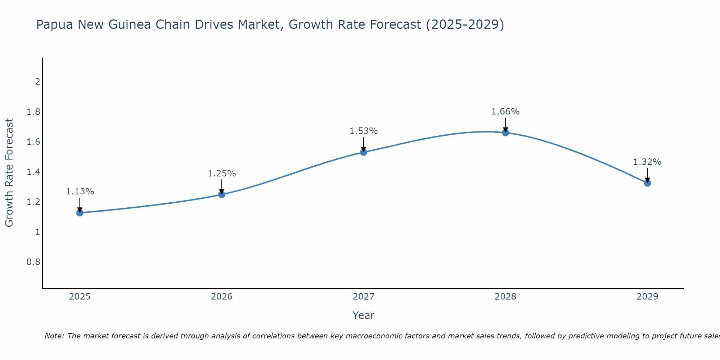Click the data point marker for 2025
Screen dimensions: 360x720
point(80,213)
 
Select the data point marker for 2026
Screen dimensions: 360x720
point(222,194)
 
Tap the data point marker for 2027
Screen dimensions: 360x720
point(364,152)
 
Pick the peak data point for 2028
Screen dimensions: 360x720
point(505,132)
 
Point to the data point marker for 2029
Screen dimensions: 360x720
point(647,183)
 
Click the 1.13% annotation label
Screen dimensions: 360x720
point(80,192)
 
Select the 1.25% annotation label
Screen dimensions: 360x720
point(222,174)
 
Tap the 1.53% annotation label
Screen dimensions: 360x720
point(364,131)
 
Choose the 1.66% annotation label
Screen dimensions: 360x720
point(505,112)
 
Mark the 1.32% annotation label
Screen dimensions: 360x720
point(647,162)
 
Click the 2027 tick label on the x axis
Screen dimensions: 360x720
point(364,297)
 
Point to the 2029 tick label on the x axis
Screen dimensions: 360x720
point(647,297)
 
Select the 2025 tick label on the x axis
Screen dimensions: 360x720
point(80,297)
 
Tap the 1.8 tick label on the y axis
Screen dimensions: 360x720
point(33,112)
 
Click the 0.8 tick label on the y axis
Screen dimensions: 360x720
point(33,262)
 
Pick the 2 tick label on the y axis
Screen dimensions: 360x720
point(37,82)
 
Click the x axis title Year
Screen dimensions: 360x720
point(364,315)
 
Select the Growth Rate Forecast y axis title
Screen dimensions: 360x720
point(9,173)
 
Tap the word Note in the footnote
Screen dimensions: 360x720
point(54,336)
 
